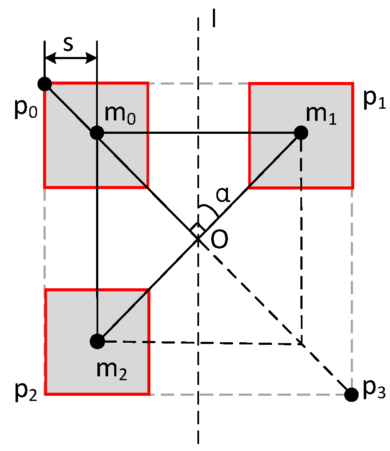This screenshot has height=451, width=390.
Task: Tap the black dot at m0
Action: pyautogui.click(x=97, y=132)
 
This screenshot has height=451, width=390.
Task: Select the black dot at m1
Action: pyautogui.click(x=300, y=132)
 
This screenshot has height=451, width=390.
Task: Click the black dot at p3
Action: pyautogui.click(x=352, y=394)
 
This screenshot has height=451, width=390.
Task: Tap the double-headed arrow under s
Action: pyautogui.click(x=71, y=58)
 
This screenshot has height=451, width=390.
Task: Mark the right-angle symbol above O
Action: pyautogui.click(x=197, y=227)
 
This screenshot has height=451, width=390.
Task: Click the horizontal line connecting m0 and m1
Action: pyautogui.click(x=198, y=132)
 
